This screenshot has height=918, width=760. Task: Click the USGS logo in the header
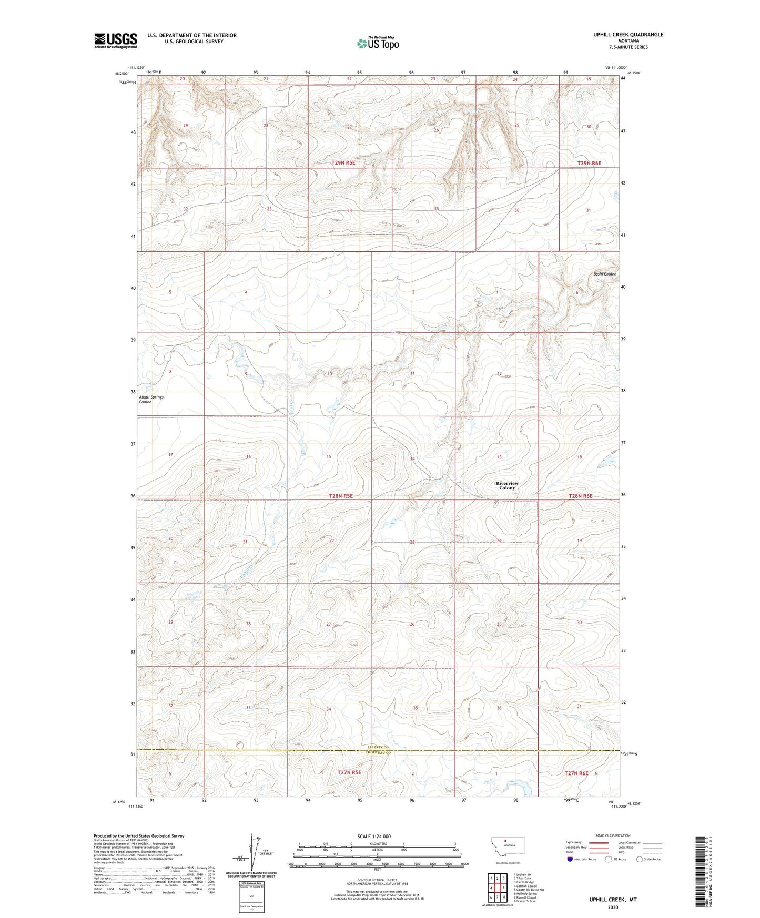[x=115, y=40]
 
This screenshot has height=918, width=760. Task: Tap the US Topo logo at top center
[x=378, y=43]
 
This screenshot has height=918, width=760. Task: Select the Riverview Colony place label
[x=507, y=485]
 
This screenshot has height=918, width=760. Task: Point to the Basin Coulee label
[x=604, y=274]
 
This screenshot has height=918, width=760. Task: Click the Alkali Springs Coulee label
[x=151, y=400]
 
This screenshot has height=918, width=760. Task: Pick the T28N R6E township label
[x=581, y=496]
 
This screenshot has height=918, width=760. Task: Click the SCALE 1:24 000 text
[x=373, y=836]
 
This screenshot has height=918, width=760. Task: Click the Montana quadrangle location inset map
[x=508, y=849]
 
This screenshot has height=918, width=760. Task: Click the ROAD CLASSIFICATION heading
[x=613, y=835]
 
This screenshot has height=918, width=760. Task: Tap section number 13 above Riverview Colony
[x=499, y=457]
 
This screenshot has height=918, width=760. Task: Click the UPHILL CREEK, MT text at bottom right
[x=613, y=900]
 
